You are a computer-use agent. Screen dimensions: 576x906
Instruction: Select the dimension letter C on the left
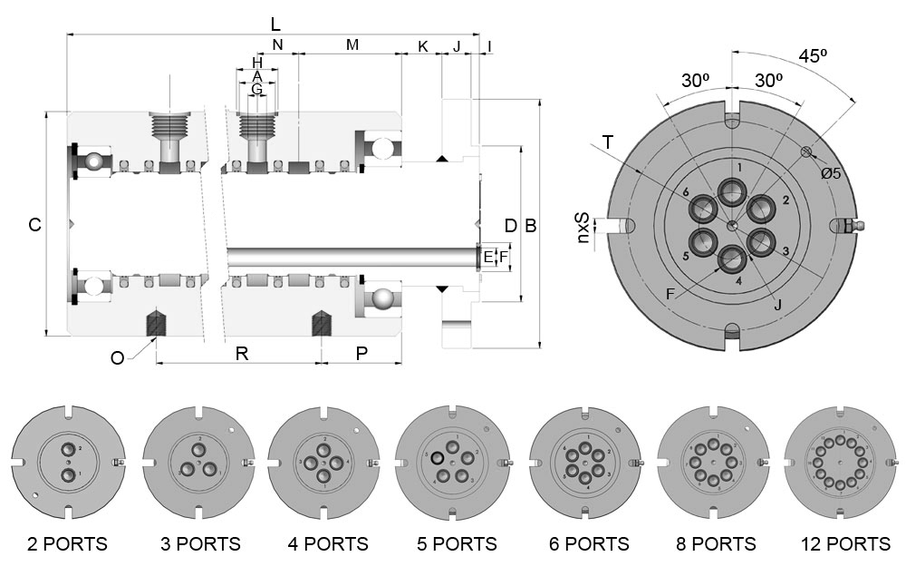[34, 225]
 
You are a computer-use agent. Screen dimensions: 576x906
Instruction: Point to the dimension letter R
[242, 354]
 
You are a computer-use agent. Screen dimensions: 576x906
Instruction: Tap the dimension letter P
[361, 354]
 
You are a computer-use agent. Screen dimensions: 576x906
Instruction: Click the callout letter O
[117, 357]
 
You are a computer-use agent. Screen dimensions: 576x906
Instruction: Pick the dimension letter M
[352, 44]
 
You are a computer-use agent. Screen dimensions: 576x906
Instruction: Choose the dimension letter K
[422, 45]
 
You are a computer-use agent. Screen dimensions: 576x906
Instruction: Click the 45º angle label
[813, 55]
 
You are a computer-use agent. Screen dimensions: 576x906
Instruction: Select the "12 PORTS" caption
[845, 544]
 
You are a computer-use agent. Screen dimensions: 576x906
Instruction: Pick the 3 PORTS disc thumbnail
[197, 462]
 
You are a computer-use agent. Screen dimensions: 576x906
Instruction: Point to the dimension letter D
[511, 225]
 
